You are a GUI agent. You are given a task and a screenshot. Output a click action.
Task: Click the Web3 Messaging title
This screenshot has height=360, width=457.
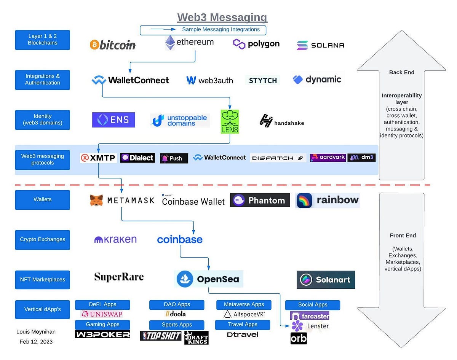(222, 18)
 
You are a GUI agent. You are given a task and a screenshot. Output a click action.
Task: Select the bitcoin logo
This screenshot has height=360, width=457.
(113, 45)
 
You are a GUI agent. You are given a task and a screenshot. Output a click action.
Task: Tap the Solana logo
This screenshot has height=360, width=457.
(320, 45)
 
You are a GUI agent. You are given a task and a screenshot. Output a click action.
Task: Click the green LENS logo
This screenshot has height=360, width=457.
(230, 122)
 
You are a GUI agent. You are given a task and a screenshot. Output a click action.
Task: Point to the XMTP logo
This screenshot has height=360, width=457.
(98, 158)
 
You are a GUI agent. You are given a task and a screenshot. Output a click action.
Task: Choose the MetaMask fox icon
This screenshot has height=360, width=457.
(96, 200)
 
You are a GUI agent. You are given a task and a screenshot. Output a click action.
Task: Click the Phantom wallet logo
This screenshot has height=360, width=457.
(260, 200)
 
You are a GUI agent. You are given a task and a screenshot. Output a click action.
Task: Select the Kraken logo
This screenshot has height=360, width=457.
(115, 239)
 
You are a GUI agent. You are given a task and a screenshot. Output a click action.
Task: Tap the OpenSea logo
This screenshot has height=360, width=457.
(209, 279)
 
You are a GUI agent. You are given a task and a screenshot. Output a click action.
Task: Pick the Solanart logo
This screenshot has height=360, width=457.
(326, 280)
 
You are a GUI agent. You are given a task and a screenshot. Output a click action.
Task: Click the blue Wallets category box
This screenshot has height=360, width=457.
(43, 199)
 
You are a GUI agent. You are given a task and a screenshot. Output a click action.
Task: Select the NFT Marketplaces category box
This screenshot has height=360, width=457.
(43, 279)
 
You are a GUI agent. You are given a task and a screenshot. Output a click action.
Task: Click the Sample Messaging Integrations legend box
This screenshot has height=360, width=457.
(203, 30)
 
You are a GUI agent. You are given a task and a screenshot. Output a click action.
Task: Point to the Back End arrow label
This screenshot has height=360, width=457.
(401, 72)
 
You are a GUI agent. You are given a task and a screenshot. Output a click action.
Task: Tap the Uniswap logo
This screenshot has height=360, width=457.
(102, 314)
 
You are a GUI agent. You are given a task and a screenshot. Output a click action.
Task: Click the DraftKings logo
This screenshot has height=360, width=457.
(196, 337)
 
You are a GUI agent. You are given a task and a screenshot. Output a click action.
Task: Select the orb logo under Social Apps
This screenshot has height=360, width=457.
(299, 338)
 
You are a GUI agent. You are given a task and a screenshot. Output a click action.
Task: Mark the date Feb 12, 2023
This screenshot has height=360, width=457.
(36, 342)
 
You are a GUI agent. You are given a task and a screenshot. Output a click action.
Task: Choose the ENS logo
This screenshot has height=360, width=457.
(113, 120)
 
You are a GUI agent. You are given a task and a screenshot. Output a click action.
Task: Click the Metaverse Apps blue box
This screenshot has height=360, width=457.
(244, 304)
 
